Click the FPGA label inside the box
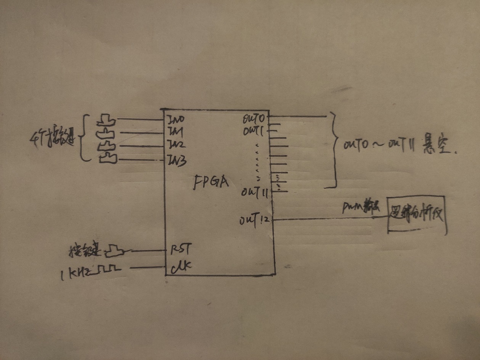tap(211, 182)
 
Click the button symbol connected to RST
tap(114, 251)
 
